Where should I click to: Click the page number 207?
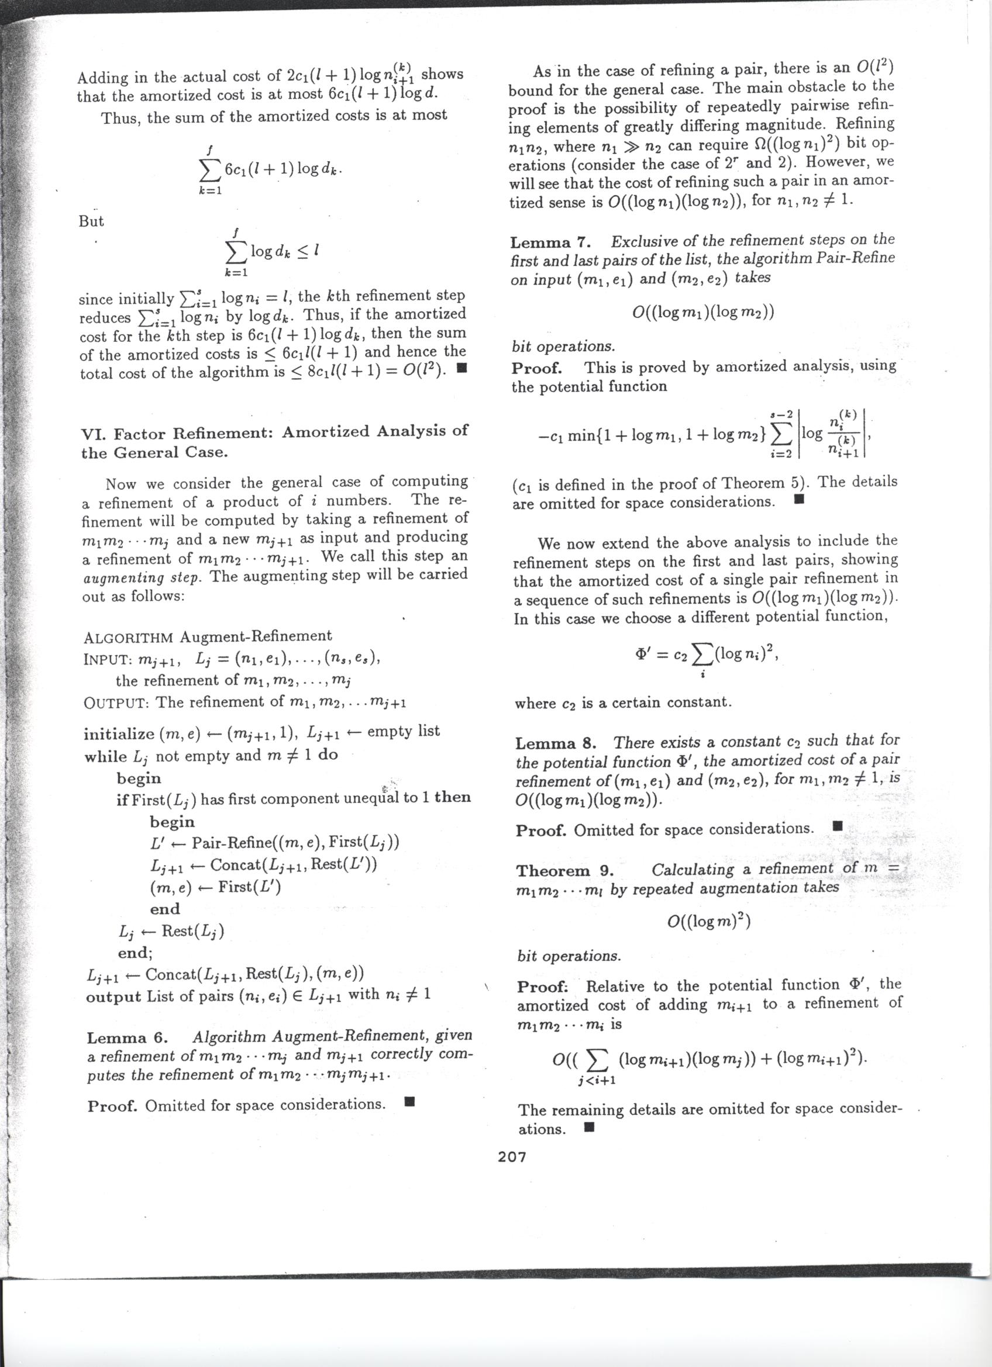coord(512,1157)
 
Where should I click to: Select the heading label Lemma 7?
coord(549,243)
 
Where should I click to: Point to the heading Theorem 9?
coord(564,871)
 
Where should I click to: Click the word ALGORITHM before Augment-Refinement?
coord(129,638)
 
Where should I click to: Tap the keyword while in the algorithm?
coord(105,757)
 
